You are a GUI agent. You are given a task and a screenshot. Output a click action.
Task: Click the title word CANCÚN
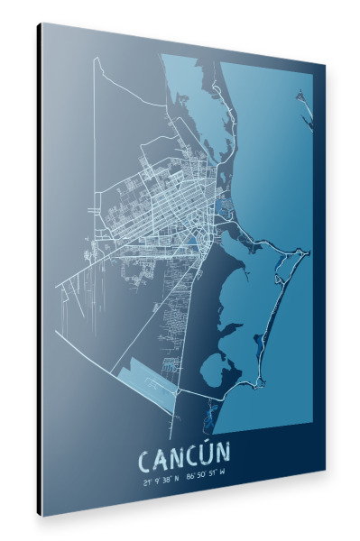coord(185,459)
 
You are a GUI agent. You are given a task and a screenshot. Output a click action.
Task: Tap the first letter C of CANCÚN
coord(146,461)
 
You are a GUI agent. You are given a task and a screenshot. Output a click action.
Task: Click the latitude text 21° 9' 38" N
coord(161,481)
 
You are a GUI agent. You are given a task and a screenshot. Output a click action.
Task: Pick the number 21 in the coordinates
coord(145,482)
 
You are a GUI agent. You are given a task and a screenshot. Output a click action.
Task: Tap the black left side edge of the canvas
coord(40,270)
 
